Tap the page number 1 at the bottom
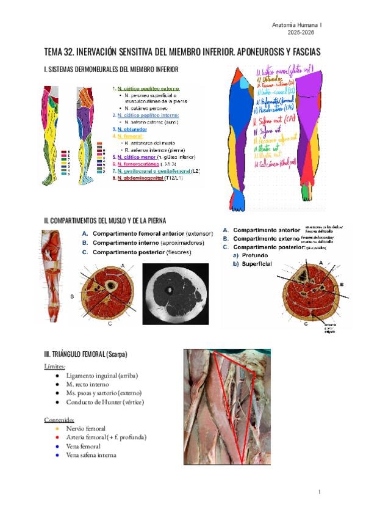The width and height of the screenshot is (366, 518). tap(319, 492)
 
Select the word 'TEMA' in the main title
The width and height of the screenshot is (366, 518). tap(55, 53)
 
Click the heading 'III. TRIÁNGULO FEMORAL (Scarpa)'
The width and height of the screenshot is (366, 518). tap(86, 354)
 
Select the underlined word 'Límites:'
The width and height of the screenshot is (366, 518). tap(56, 367)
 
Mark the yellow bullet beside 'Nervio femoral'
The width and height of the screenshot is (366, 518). tap(56, 429)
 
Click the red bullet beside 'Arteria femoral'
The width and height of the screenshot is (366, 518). tap(56, 437)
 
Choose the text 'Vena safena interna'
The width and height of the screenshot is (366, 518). tap(91, 455)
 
